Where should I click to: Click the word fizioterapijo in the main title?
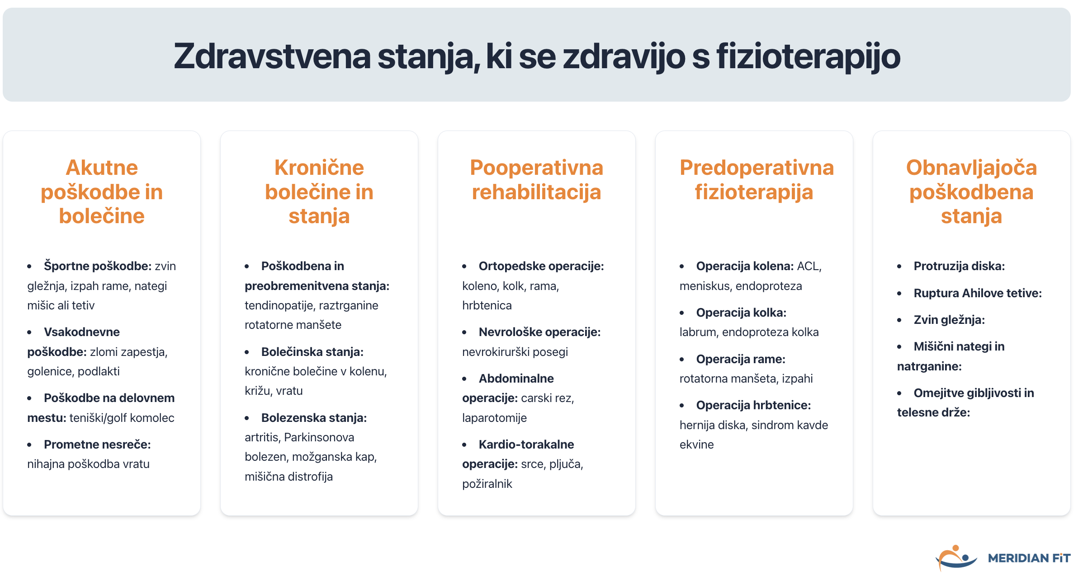pos(808,57)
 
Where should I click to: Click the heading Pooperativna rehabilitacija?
pos(536,180)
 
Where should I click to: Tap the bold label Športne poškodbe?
pos(97,266)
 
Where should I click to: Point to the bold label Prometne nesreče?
pos(97,444)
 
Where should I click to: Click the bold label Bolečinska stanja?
pos(312,352)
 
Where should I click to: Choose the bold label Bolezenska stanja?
pos(314,418)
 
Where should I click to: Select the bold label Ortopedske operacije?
pos(541,266)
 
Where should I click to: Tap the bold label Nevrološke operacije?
pos(539,332)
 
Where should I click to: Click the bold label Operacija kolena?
pos(745,266)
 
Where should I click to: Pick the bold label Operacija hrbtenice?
pos(753,405)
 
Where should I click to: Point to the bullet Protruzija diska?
pos(959,266)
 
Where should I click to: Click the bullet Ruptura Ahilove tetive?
pos(978,293)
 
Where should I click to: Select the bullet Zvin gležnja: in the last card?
pos(949,320)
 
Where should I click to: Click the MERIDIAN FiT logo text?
pos(1029,558)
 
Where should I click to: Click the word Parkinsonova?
pos(319,437)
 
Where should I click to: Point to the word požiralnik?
pos(487,484)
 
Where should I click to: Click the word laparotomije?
pos(494,418)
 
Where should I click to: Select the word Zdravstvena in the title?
pos(272,57)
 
